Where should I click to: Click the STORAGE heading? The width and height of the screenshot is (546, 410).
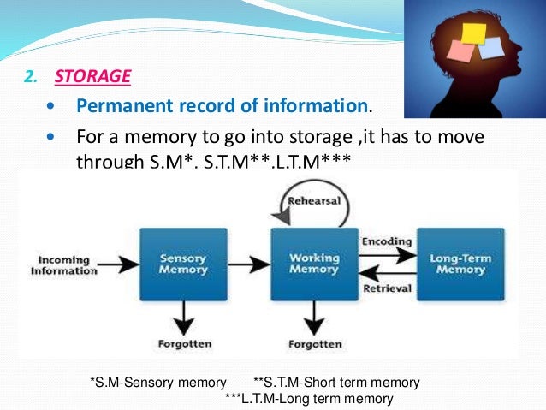(92, 76)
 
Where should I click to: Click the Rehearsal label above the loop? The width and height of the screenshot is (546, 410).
(315, 201)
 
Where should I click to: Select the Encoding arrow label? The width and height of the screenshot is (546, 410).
(386, 241)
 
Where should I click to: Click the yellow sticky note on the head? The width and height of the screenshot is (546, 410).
(472, 32)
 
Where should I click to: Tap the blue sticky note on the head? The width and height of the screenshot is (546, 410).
(490, 46)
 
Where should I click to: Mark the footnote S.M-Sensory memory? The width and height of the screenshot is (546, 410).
(158, 382)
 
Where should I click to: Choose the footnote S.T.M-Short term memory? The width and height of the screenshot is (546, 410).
(337, 382)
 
